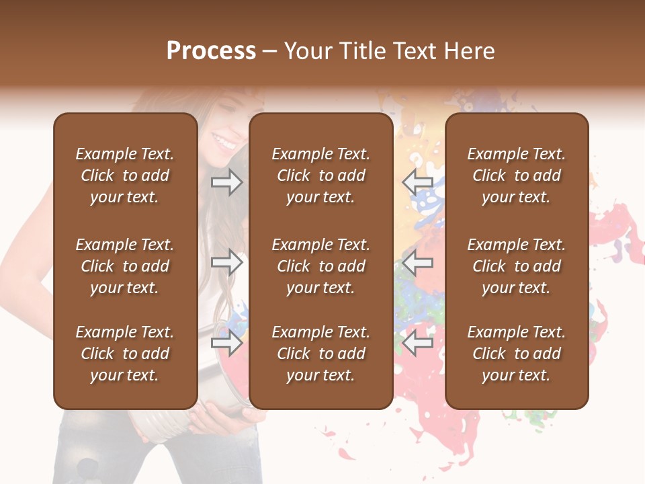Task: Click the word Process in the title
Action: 211,51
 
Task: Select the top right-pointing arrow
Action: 226,182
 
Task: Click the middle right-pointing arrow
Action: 226,262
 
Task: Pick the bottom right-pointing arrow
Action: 226,344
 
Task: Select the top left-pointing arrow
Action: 418,182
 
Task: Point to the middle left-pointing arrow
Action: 418,262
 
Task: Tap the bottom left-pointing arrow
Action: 418,344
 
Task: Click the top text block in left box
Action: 125,175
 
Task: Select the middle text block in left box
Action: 125,266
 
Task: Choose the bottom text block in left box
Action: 125,354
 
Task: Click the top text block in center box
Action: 321,175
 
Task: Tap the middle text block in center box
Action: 321,266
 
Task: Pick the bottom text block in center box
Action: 321,354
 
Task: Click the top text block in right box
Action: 517,175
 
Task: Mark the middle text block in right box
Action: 517,266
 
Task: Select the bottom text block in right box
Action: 517,354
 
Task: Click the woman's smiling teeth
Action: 224,142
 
